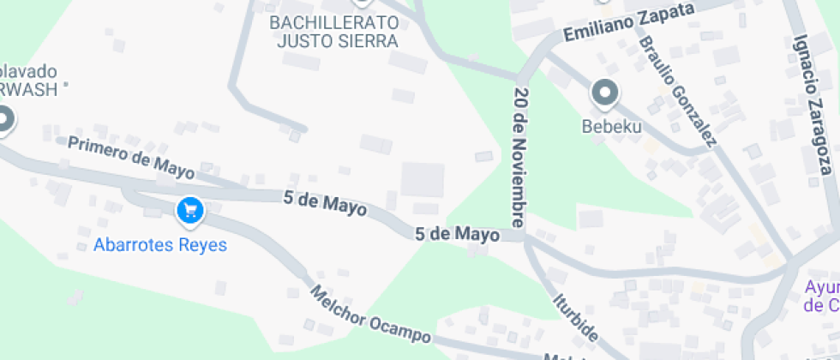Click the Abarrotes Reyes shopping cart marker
click(189, 210)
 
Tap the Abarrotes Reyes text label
click(160, 245)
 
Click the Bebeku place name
click(611, 127)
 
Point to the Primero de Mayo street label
click(131, 157)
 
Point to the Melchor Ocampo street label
click(369, 315)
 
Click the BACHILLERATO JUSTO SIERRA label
click(333, 31)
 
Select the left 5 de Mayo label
click(325, 203)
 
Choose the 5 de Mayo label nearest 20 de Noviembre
click(457, 234)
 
